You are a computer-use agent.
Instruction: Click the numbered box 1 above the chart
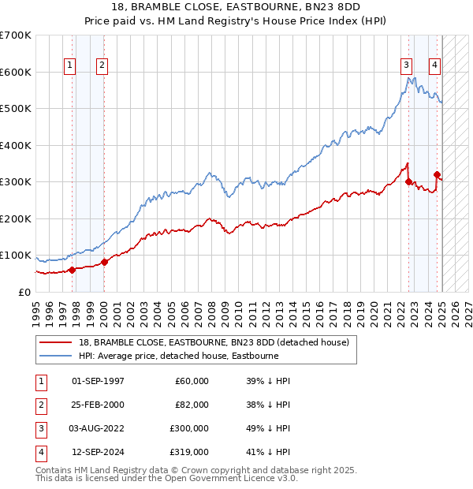70,66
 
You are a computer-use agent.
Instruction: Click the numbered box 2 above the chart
102,66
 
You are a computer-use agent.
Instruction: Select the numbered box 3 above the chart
406,66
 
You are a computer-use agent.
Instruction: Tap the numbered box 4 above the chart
434,66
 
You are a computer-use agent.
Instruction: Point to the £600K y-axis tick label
16,72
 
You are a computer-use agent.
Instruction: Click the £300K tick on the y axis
16,181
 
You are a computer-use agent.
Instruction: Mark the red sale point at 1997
72,270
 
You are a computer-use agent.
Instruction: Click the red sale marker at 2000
105,262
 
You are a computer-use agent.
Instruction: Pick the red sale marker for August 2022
408,181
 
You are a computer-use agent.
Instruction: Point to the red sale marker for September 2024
437,175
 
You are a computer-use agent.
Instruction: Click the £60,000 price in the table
192,381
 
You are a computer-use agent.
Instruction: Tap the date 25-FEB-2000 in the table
99,405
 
